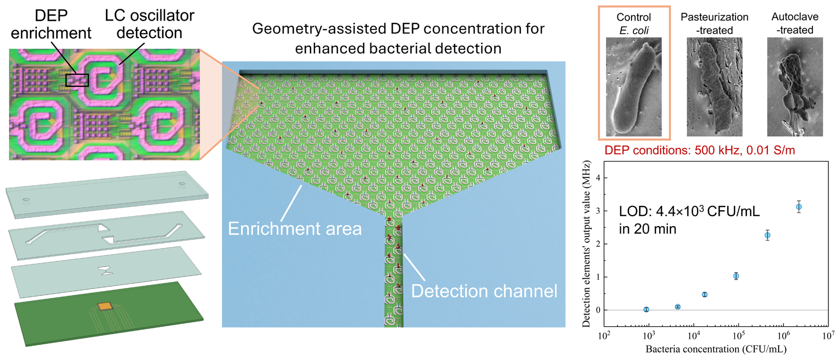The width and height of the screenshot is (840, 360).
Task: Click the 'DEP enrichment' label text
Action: (x=51, y=24)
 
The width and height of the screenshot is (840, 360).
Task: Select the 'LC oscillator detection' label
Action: (x=149, y=24)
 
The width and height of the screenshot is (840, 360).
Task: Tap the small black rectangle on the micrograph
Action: (x=77, y=80)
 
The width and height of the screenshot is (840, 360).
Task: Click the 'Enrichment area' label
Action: (x=295, y=228)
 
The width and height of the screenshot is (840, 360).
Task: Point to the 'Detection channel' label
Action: (x=484, y=291)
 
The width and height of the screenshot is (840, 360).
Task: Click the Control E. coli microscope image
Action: (x=634, y=87)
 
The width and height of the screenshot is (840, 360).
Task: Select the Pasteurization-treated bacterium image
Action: (x=714, y=87)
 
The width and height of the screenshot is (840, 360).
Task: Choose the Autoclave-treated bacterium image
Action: (x=795, y=87)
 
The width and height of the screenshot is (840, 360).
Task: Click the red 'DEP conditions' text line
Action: (x=700, y=150)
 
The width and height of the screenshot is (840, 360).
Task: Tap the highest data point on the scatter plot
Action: (x=799, y=207)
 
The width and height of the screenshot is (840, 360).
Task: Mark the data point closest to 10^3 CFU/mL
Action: (x=646, y=309)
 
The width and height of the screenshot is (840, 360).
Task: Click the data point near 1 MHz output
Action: (x=736, y=276)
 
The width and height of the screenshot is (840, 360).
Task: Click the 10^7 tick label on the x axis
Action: (x=828, y=336)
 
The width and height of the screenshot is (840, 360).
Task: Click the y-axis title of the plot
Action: (x=586, y=244)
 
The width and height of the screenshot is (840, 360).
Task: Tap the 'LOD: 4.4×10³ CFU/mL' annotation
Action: (x=689, y=211)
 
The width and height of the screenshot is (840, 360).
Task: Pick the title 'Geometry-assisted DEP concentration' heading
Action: (x=398, y=28)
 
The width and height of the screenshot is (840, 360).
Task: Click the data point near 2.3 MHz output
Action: (x=767, y=235)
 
